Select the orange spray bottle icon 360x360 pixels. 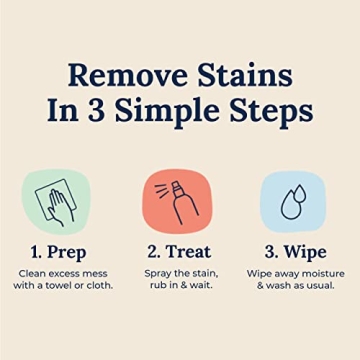click(178, 200)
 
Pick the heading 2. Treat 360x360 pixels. click(178, 251)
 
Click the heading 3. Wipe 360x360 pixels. click(296, 251)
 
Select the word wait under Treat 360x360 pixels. click(207, 286)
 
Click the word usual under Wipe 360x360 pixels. click(322, 286)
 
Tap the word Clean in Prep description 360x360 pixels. click(34, 273)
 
